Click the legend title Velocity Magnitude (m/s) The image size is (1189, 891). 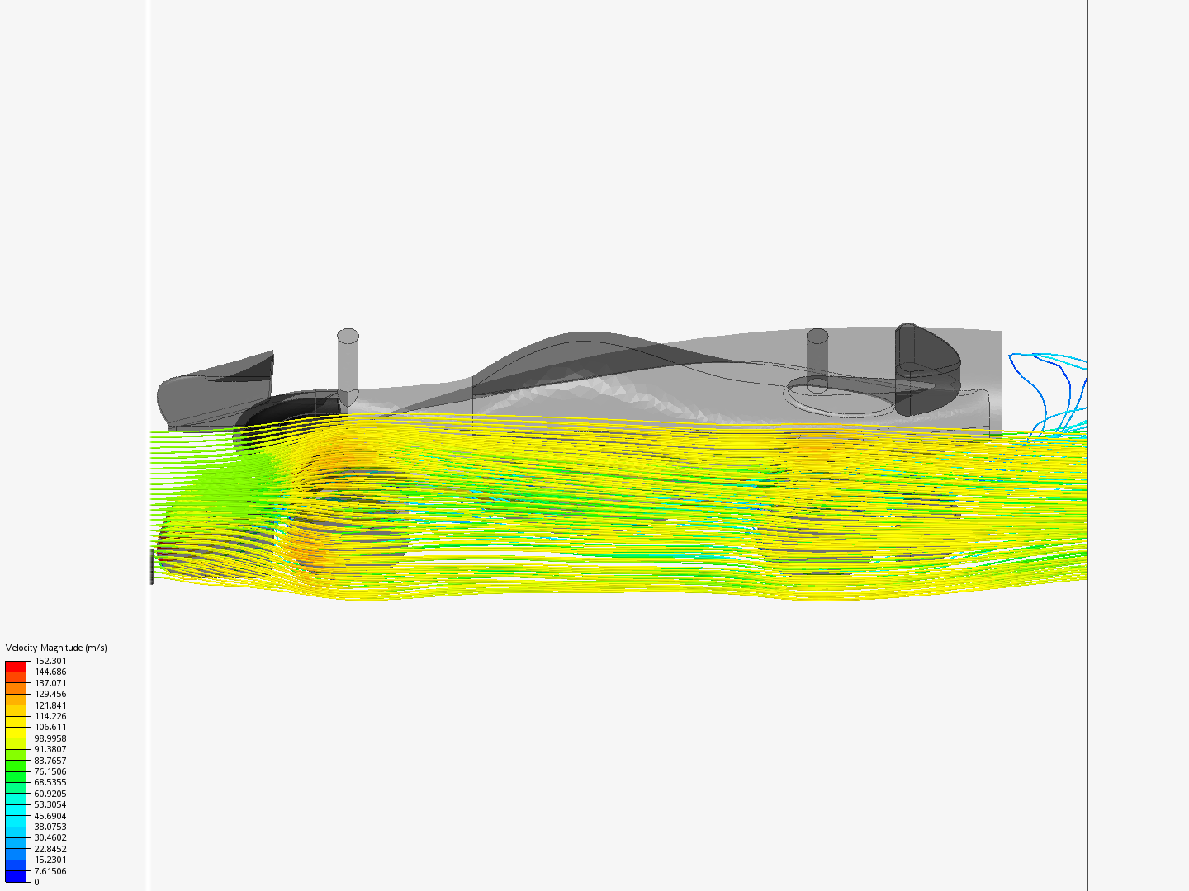tap(56, 648)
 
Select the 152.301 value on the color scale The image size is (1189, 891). tap(50, 661)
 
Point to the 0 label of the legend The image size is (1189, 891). tap(37, 882)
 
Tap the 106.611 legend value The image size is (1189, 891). tap(50, 727)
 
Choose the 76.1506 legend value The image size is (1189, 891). tap(50, 771)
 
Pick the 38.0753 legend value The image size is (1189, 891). tap(50, 827)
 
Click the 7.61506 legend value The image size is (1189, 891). tap(50, 871)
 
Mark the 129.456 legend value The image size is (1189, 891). tap(50, 694)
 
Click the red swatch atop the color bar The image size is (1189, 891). tap(16, 666)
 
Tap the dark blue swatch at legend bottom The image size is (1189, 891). tap(16, 876)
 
